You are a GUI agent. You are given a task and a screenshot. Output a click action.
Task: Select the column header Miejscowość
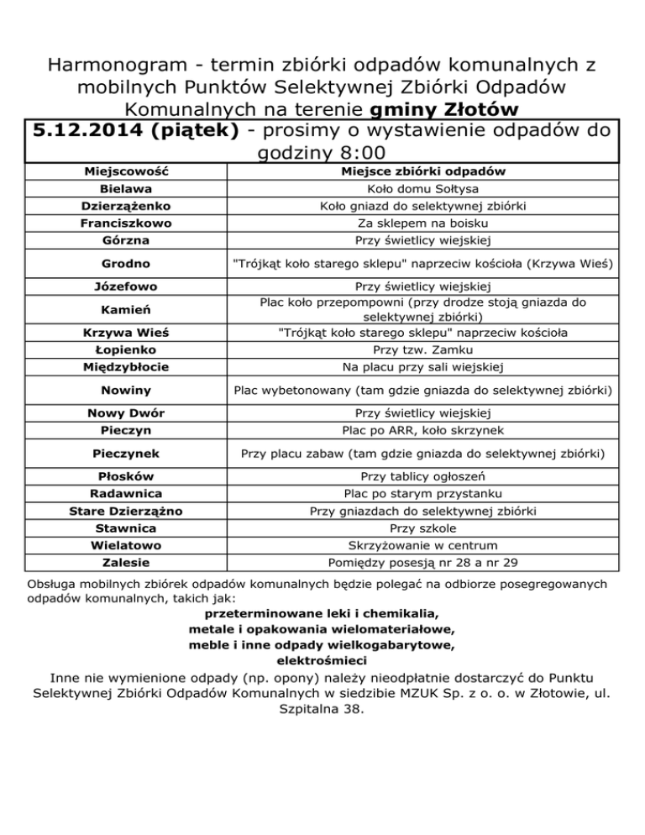pyautogui.click(x=126, y=171)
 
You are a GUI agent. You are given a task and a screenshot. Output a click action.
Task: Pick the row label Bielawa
pyautogui.click(x=126, y=190)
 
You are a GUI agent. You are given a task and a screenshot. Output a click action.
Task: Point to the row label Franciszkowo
pyautogui.click(x=126, y=223)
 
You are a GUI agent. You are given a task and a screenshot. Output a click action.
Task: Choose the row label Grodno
pyautogui.click(x=126, y=265)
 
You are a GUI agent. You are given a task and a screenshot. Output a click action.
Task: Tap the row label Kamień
pyautogui.click(x=126, y=310)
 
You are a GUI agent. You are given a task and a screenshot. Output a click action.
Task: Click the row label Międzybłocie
pyautogui.click(x=126, y=366)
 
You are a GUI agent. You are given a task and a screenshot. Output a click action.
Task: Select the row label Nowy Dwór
pyautogui.click(x=126, y=412)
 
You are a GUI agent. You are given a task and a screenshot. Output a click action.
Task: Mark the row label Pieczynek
pyautogui.click(x=126, y=454)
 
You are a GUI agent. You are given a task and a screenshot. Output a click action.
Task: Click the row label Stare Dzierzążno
pyautogui.click(x=126, y=511)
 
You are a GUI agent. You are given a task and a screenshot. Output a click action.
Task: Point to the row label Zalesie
pyautogui.click(x=126, y=561)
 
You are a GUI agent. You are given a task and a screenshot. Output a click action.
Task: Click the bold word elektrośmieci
pyautogui.click(x=322, y=660)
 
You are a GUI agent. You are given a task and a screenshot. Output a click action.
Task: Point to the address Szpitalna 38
pyautogui.click(x=322, y=709)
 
